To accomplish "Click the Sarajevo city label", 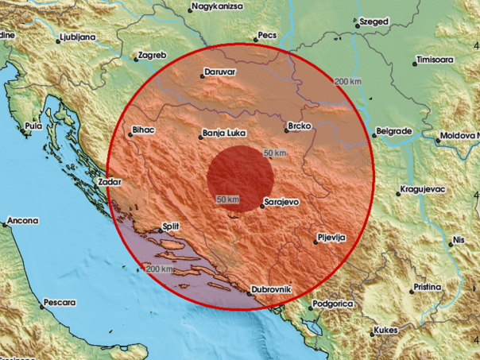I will pos(281,203).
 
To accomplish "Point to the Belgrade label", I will pos(393,130).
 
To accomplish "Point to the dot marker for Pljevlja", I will pos(315,243).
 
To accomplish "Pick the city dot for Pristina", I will pos(408,288).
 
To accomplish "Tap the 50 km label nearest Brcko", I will pos(275,152).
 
